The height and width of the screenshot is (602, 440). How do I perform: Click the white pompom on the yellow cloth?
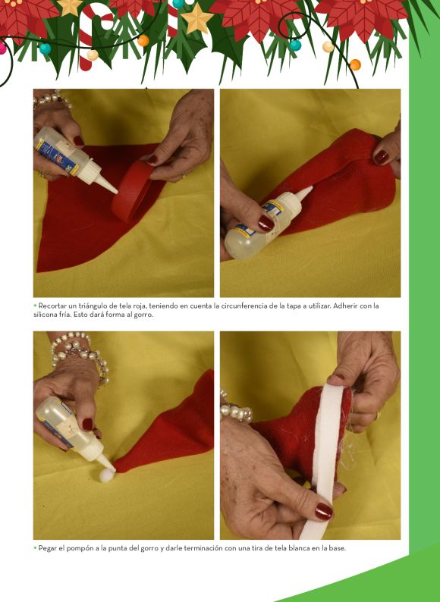[x=106, y=475]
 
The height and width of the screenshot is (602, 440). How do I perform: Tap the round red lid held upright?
[x=133, y=191]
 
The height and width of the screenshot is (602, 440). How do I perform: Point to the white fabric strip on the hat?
[x=323, y=457]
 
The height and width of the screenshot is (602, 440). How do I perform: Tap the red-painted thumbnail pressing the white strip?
[x=324, y=511]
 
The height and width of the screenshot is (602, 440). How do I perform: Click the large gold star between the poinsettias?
[x=196, y=18]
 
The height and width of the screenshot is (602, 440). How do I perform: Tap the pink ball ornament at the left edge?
[x=2, y=49]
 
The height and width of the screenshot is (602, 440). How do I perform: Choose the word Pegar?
[x=46, y=548]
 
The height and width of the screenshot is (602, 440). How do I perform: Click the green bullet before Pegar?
[x=35, y=548]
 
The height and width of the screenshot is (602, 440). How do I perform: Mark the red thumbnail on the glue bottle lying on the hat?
[x=266, y=223]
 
